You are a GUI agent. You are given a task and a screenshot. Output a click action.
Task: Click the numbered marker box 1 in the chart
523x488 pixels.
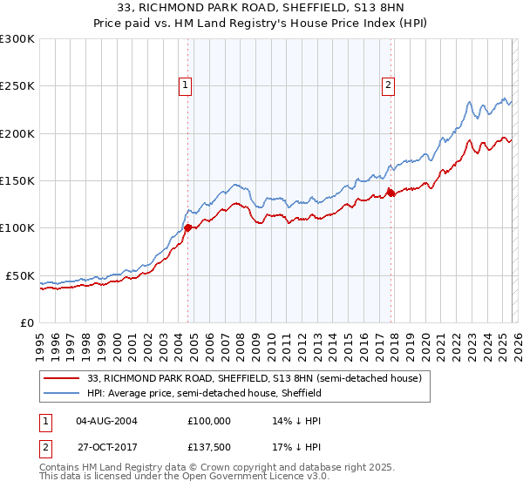[187, 85]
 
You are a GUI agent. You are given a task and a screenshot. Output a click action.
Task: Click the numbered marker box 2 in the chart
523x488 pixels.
[387, 85]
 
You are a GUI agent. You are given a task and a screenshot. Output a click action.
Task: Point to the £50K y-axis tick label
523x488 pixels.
[20, 275]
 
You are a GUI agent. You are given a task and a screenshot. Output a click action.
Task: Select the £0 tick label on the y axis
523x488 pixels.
[27, 322]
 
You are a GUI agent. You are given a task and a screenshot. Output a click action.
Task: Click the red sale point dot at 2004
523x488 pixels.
[187, 228]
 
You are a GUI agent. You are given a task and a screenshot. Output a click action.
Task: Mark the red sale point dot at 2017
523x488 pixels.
[391, 193]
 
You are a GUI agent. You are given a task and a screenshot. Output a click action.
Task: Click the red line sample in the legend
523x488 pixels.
[63, 379]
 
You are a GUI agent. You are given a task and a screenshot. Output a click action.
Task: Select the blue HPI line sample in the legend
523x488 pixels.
[63, 394]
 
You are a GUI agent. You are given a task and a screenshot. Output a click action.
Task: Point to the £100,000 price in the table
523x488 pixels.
[209, 420]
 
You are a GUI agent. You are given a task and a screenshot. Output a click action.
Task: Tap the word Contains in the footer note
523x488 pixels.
[60, 468]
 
